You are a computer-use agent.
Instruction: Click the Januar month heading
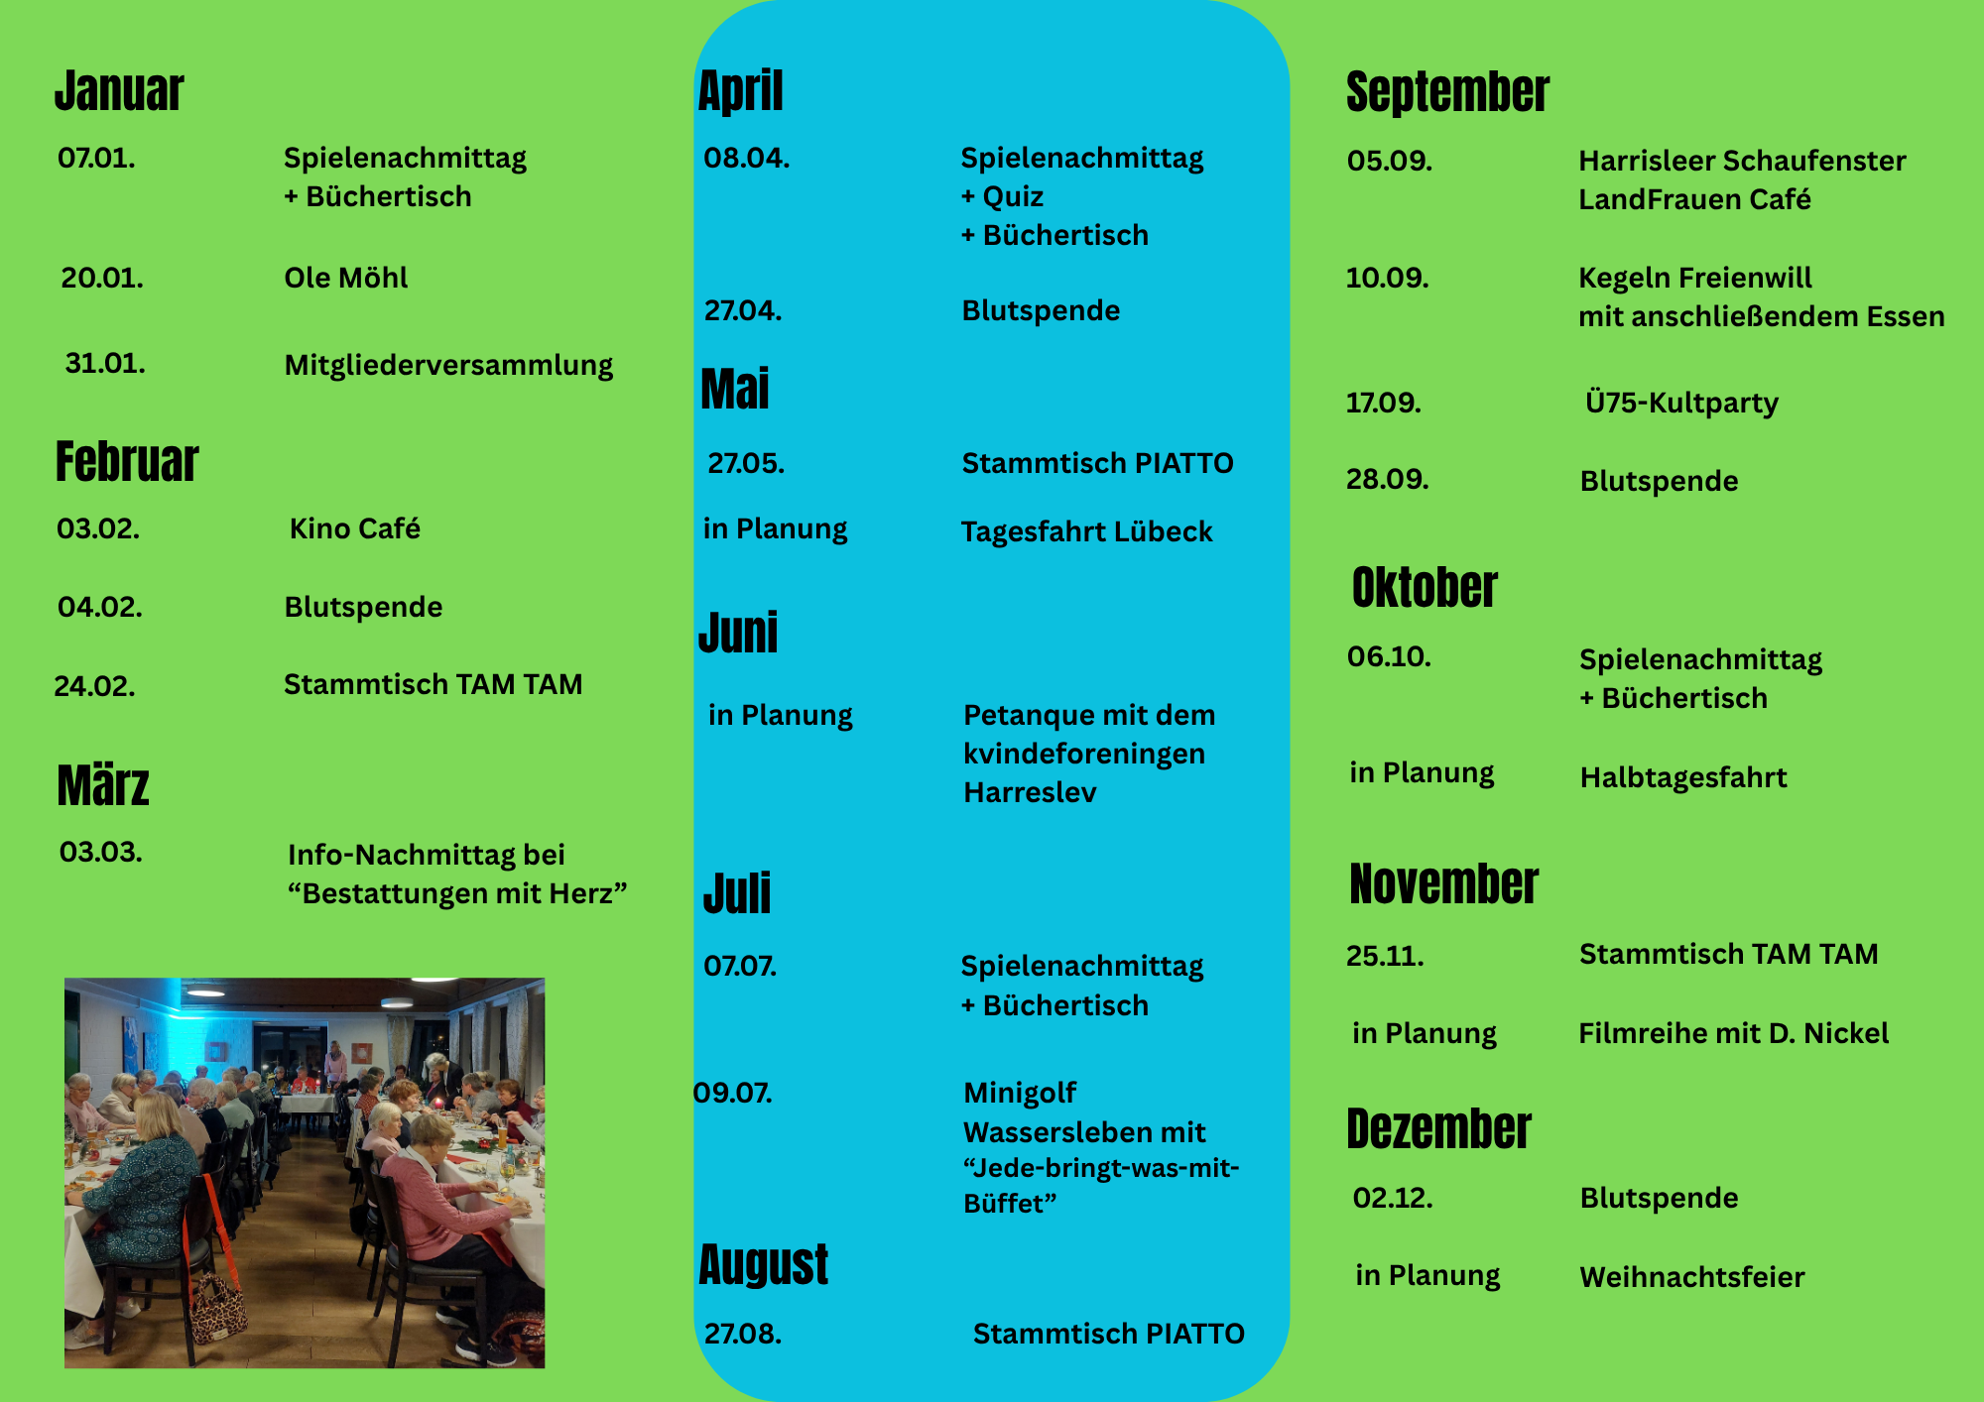pos(119,91)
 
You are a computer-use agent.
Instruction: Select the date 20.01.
pos(102,278)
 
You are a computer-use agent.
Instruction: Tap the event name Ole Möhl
pos(345,278)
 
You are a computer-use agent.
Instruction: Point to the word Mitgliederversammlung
pos(448,365)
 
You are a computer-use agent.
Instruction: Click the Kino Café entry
pos(354,528)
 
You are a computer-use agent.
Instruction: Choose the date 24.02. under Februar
pos(94,686)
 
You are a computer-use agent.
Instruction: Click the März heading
pos(103,785)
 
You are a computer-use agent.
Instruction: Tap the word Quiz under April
pos(1013,196)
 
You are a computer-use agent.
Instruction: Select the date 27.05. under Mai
pos(746,463)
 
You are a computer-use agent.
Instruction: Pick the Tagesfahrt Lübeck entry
pos(1086,531)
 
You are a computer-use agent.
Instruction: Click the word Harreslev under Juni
pos(1030,792)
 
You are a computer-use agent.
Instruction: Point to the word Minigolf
pos(1020,1093)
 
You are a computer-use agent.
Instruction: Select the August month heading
pos(763,1265)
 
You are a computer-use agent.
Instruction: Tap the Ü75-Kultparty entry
pos(1681,403)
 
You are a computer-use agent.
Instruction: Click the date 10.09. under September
pos(1387,278)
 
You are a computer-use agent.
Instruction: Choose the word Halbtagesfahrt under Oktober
pos(1682,777)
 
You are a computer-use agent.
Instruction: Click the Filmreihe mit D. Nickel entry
pos(1733,1033)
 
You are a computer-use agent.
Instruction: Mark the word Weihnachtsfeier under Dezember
pos(1691,1277)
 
